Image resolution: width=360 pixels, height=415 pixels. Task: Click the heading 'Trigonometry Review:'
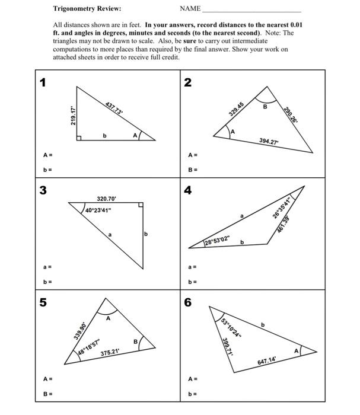click(x=87, y=9)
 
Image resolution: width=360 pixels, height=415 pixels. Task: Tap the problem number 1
click(x=43, y=82)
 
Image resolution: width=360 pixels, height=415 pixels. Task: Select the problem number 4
click(x=188, y=190)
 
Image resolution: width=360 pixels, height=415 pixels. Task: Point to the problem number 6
click(x=188, y=302)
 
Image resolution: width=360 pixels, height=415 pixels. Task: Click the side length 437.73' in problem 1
click(x=114, y=108)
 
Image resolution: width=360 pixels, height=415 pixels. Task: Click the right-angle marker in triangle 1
click(x=79, y=138)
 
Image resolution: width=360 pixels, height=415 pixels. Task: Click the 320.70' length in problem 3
click(x=107, y=199)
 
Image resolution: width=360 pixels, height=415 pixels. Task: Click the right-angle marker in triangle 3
click(x=141, y=205)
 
